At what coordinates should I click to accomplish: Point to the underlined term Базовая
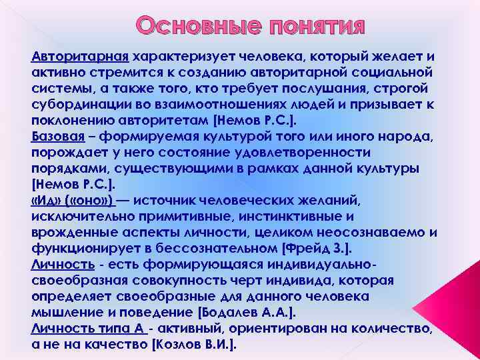click(x=58, y=137)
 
